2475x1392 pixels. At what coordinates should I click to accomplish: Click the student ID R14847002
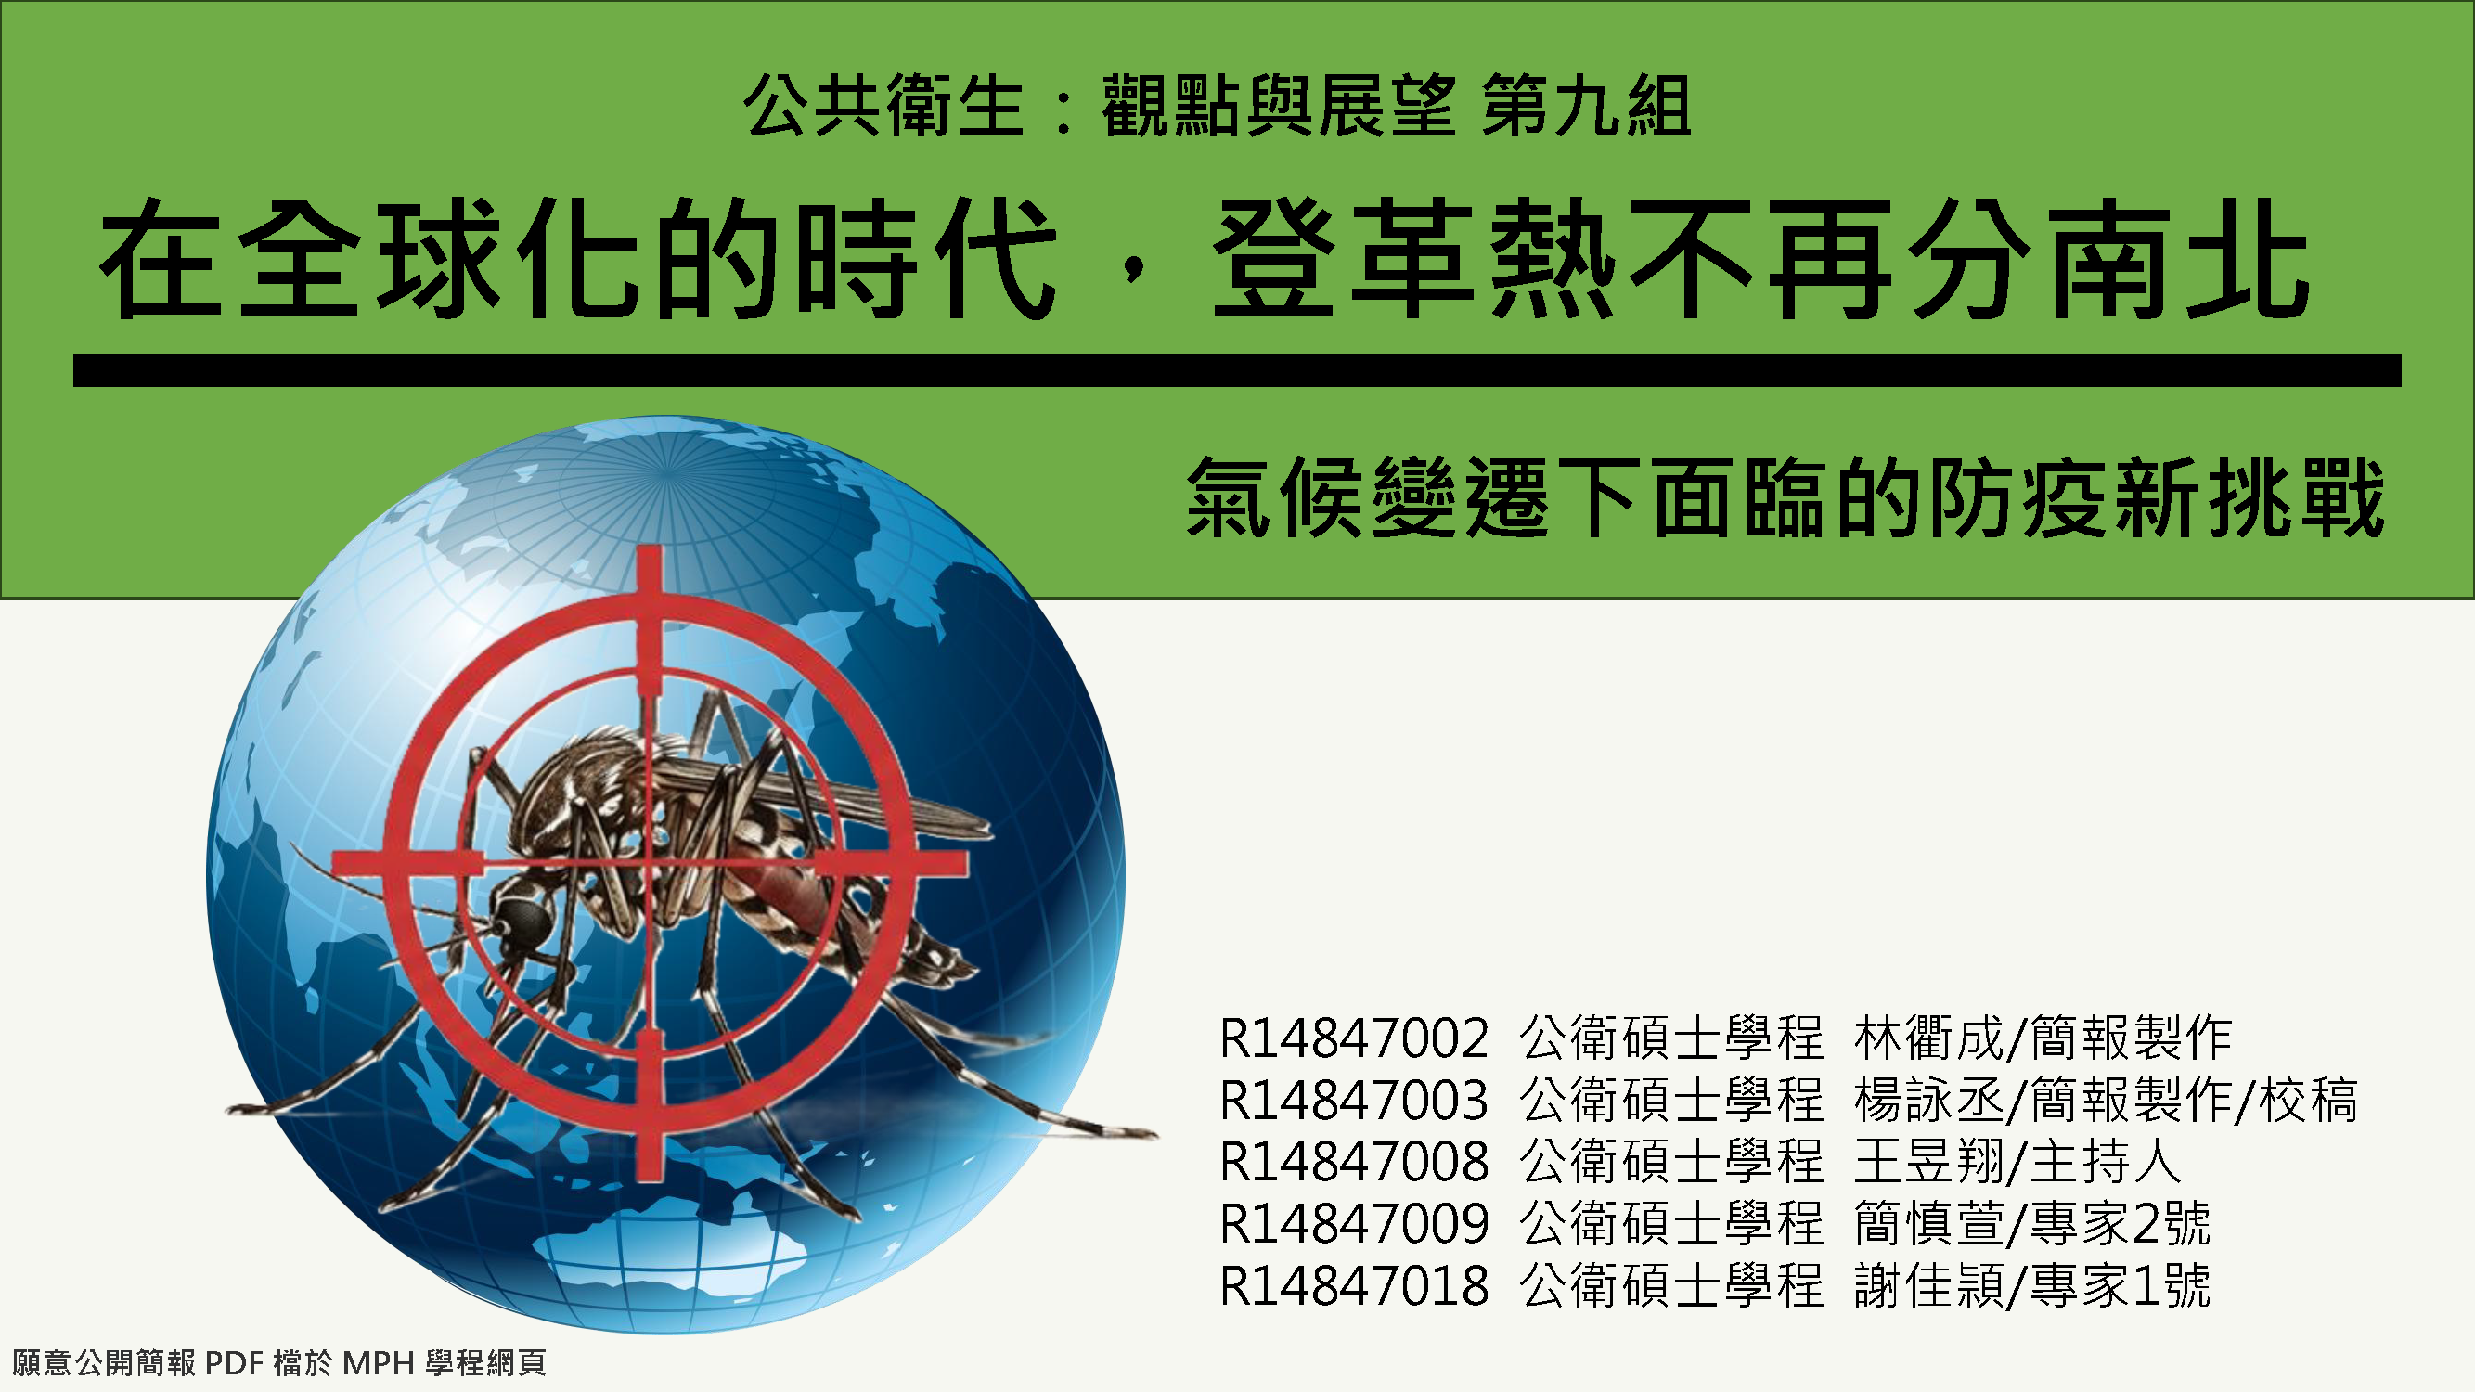[1354, 1038]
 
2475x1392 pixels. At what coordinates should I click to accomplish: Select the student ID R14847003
[1354, 1100]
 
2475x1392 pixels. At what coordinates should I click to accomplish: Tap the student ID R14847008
[1354, 1162]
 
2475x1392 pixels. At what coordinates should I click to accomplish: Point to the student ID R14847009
[1354, 1224]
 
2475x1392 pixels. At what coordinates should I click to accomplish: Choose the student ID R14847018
[1354, 1285]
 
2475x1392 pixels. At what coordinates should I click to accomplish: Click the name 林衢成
[1929, 1038]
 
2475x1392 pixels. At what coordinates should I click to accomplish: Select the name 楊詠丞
[1929, 1100]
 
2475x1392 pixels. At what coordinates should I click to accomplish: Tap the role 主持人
[2106, 1162]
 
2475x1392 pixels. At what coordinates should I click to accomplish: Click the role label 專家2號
[2121, 1224]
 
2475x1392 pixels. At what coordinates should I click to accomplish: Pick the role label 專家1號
[2121, 1285]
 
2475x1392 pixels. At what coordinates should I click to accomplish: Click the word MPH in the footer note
[379, 1362]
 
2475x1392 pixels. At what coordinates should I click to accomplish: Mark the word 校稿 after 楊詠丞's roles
[2309, 1100]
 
